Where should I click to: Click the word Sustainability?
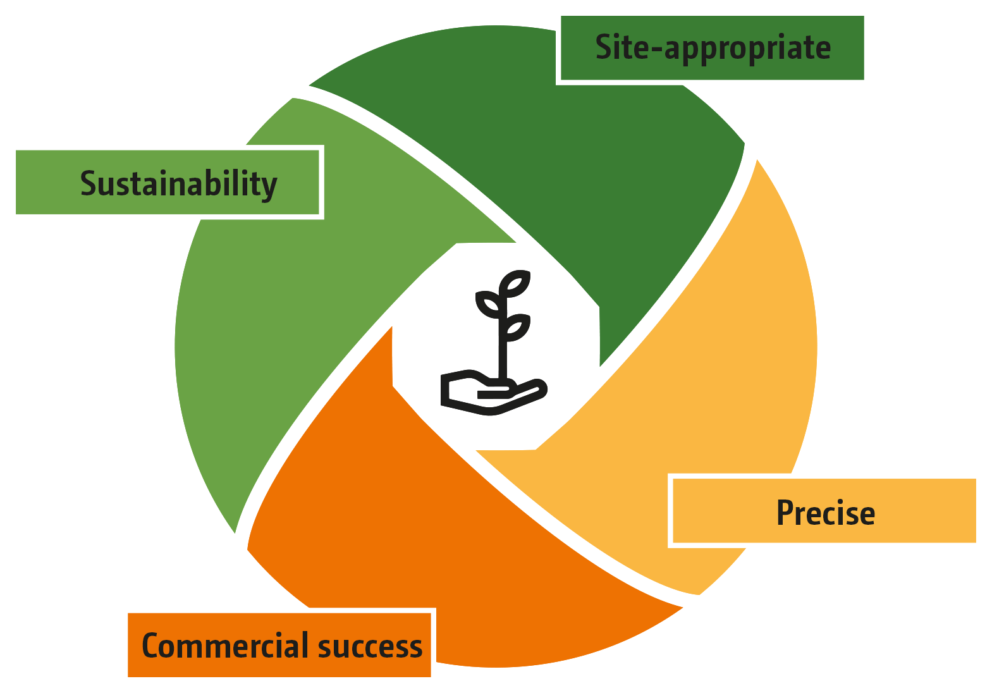coord(178,184)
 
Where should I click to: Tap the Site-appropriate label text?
coord(713,48)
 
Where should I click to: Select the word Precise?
coord(825,513)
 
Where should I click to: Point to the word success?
coord(370,646)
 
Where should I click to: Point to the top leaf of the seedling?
coord(517,283)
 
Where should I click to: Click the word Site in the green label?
coord(622,48)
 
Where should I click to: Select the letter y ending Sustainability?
coord(269,187)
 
